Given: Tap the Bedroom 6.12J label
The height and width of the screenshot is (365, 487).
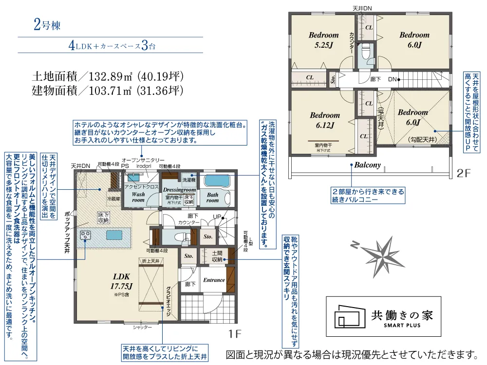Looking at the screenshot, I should pyautogui.click(x=324, y=120).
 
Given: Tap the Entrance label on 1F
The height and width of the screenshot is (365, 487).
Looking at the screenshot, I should pyautogui.click(x=214, y=280).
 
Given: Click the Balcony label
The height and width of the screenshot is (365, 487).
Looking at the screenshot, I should pyautogui.click(x=367, y=164).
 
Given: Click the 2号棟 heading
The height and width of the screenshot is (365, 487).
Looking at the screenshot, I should pyautogui.click(x=47, y=26).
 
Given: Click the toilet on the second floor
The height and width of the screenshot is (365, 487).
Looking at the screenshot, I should pyautogui.click(x=366, y=51).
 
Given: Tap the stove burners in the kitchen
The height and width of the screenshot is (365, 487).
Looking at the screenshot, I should pyautogui.click(x=86, y=235).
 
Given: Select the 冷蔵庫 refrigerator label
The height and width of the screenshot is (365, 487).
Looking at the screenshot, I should pyautogui.click(x=112, y=199).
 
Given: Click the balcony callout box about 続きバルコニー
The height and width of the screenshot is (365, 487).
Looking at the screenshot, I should pyautogui.click(x=368, y=195).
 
